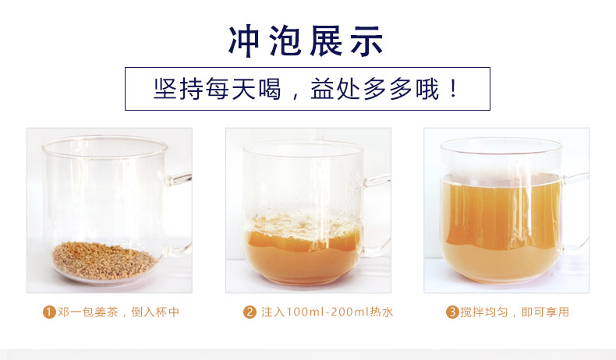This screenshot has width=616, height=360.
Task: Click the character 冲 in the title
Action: click(244, 41)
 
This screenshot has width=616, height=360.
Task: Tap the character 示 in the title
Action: click(367, 41)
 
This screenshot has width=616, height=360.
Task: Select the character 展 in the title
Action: click(326, 41)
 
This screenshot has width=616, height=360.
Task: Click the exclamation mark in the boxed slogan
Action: click(454, 88)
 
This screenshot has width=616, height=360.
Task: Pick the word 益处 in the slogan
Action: click(335, 89)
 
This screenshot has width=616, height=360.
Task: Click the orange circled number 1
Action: click(49, 312)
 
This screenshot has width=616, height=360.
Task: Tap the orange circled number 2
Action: click(250, 312)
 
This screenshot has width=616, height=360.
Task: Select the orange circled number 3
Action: click(452, 312)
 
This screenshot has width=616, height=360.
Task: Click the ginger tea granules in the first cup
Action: click(104, 261)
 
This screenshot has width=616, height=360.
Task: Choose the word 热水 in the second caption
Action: click(381, 312)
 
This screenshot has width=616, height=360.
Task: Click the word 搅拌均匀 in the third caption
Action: click(483, 312)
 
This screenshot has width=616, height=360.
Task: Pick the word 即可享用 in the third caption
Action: click(545, 312)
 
